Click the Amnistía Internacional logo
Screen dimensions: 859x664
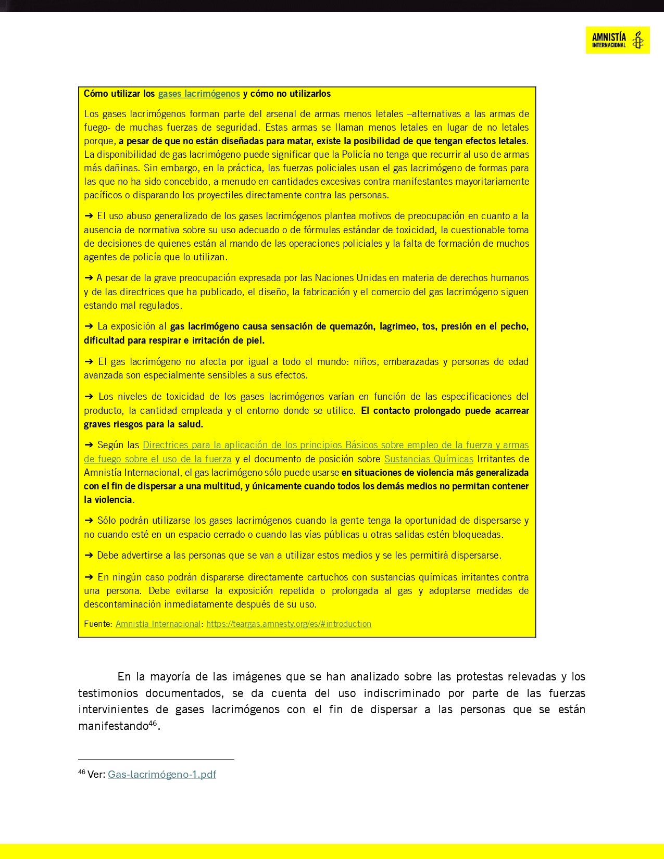(x=617, y=40)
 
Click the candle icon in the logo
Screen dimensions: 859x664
(x=637, y=40)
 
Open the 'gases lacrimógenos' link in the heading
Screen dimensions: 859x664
(x=199, y=94)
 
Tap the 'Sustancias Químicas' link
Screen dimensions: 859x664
(x=429, y=459)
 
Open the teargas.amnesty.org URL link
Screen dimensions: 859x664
(x=289, y=624)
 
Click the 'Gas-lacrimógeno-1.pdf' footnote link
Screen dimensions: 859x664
(x=162, y=774)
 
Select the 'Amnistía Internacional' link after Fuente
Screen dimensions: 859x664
(x=158, y=624)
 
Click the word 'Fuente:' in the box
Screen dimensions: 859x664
(x=98, y=624)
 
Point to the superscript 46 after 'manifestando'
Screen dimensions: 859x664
(x=153, y=723)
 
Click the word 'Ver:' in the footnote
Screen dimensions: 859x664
(x=96, y=774)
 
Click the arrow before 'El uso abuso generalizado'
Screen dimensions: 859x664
(x=89, y=216)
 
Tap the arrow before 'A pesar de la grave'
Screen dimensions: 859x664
(x=89, y=278)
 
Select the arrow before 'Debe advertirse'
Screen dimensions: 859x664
(x=89, y=555)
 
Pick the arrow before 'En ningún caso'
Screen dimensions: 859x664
(x=89, y=577)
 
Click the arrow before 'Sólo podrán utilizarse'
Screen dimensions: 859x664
(x=89, y=521)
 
